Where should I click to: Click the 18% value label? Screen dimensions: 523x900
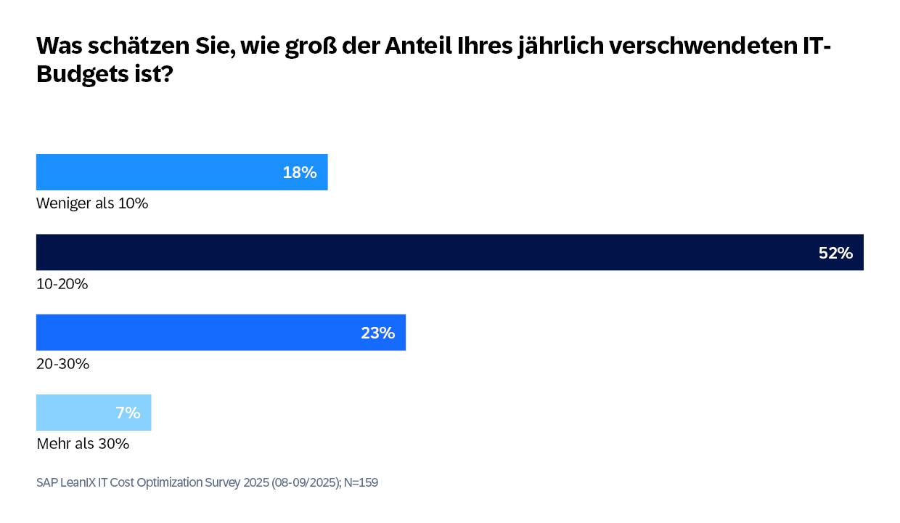300,173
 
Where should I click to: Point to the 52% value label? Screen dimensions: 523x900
835,253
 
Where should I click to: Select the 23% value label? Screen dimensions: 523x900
377,333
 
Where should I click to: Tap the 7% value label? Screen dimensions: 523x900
128,413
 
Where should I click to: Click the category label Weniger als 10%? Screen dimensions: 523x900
92,203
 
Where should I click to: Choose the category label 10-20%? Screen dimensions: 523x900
62,284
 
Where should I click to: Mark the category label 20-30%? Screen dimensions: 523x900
62,364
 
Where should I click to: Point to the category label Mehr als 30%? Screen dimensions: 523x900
83,443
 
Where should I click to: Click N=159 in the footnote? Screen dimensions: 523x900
361,482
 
